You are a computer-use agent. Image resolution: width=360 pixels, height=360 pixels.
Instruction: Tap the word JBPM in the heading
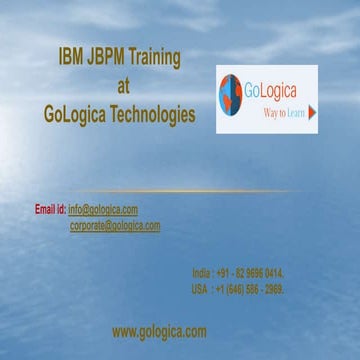(x=107, y=58)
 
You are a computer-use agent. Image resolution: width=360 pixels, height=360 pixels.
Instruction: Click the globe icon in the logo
(x=232, y=93)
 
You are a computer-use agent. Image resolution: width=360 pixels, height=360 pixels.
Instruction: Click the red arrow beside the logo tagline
(x=313, y=113)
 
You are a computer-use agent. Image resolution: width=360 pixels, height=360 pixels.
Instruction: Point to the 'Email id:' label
(x=50, y=209)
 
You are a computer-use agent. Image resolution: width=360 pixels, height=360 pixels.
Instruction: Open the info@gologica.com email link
(x=103, y=209)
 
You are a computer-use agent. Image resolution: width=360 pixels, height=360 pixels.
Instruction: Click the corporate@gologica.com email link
(x=115, y=226)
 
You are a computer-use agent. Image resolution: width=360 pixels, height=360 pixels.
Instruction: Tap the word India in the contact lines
(x=203, y=272)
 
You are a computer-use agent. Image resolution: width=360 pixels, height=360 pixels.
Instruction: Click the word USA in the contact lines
(x=201, y=289)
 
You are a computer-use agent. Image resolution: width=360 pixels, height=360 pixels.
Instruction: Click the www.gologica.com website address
(x=159, y=331)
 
